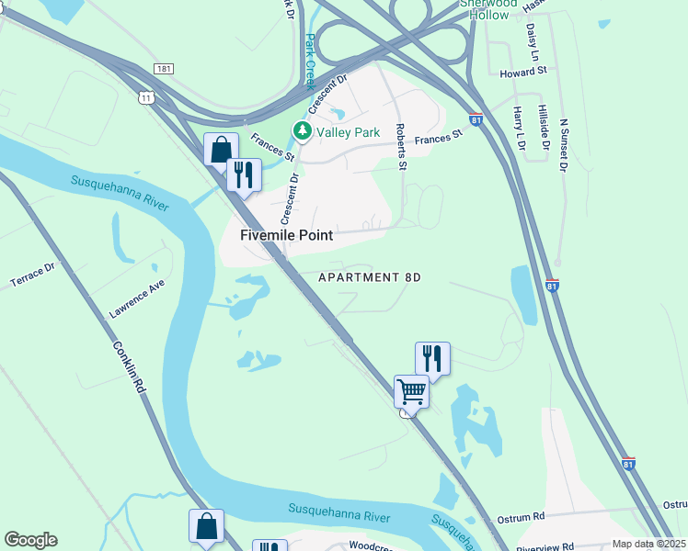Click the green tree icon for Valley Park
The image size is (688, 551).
tap(302, 132)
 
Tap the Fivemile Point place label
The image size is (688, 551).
tap(286, 235)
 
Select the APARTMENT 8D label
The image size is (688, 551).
tap(369, 277)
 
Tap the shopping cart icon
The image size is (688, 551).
tap(411, 392)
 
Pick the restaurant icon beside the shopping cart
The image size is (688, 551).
tap(432, 357)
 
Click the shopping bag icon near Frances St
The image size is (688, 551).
tap(221, 149)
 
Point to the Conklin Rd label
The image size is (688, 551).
tap(131, 368)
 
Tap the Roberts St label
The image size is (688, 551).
tap(400, 147)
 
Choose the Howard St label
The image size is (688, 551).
tap(523, 71)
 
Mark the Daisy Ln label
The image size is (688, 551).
tap(532, 40)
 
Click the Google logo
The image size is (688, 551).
tap(30, 540)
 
